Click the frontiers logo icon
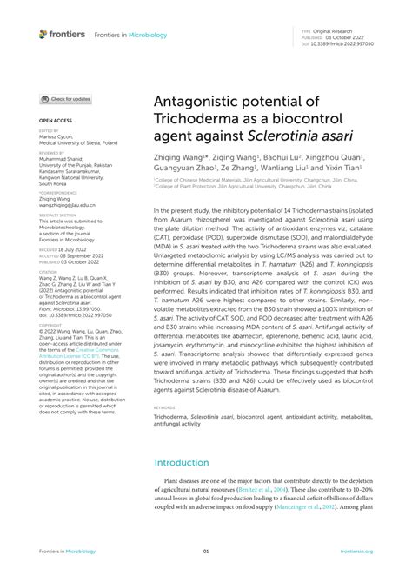click(x=43, y=34)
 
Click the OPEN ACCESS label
click(x=53, y=121)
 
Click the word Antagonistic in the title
click(x=202, y=102)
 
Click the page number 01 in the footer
click(x=206, y=552)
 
